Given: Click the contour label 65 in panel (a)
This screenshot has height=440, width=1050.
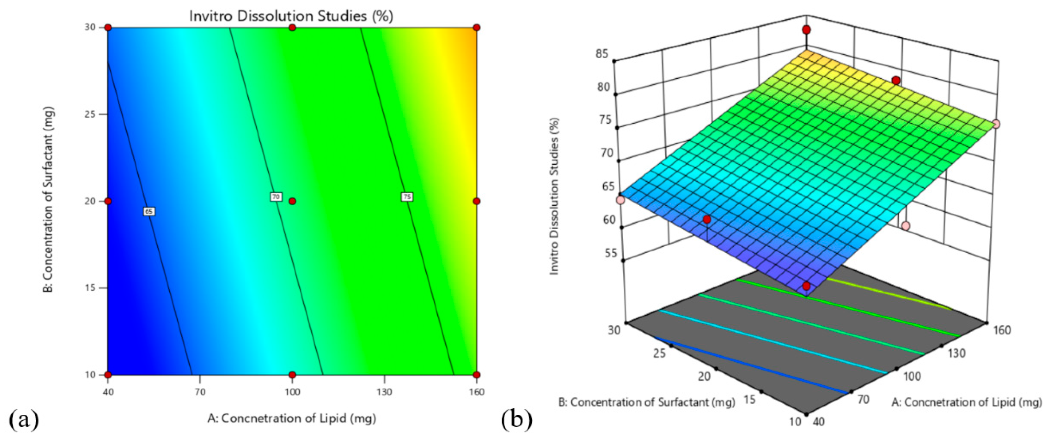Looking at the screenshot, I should [x=149, y=211].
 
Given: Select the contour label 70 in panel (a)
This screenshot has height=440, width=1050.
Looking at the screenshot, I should [x=276, y=197].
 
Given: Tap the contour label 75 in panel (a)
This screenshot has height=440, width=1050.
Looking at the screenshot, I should [x=407, y=197].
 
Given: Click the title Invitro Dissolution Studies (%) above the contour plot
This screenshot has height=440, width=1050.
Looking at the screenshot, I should [x=291, y=16].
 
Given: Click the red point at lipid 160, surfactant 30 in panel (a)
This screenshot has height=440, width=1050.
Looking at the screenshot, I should [x=477, y=28].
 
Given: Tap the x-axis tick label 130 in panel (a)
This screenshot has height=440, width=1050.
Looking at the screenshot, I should [x=384, y=392].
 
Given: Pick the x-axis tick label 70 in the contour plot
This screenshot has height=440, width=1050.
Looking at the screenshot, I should [x=200, y=392].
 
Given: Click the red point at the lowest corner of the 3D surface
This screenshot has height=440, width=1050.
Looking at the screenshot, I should [x=806, y=286].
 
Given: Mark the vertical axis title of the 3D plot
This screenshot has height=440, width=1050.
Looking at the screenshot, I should [x=554, y=196].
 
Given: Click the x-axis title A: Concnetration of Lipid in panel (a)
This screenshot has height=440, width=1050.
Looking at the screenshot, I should [x=291, y=418].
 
